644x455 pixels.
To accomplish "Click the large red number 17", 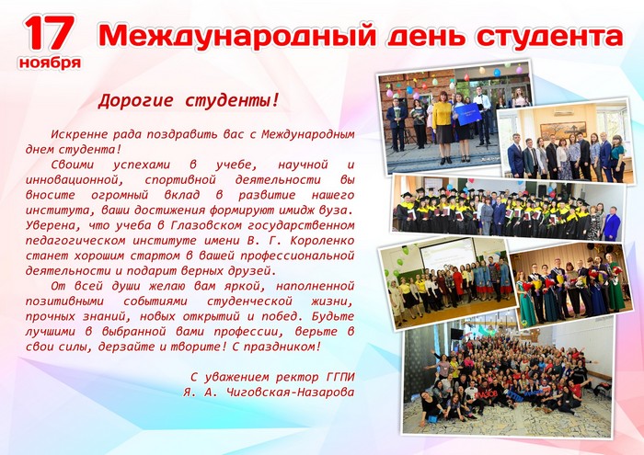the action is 50,33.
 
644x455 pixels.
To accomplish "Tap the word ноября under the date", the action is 50,63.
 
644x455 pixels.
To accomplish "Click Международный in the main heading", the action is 237,36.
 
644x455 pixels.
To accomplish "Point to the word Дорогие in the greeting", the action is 135,100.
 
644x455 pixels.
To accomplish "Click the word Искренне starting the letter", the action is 78,134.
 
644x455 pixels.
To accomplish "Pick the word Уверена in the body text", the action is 49,225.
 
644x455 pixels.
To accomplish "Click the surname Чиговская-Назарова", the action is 291,392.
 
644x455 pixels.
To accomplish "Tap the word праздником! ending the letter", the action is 282,347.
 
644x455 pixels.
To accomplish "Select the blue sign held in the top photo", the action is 467,115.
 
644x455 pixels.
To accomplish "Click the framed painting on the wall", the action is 563,130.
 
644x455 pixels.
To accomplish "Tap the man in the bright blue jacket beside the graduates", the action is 611,223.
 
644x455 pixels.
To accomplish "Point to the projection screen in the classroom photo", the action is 448,256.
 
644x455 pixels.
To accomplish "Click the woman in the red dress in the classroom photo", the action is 457,284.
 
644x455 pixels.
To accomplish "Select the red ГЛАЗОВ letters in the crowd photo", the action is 487,393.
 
